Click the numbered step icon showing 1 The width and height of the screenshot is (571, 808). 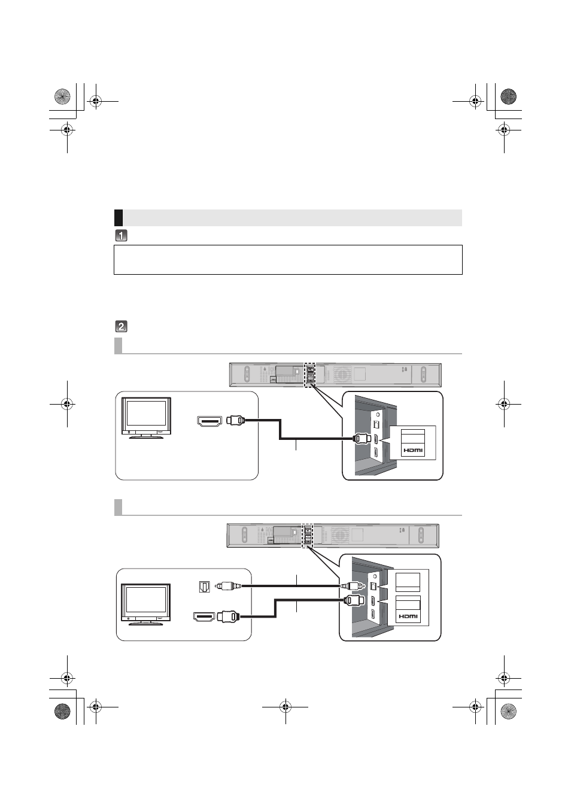pyautogui.click(x=121, y=236)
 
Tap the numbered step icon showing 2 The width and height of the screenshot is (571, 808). pyautogui.click(x=121, y=327)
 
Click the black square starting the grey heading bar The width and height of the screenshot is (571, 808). pyautogui.click(x=119, y=218)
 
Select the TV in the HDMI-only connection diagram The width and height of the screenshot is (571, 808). pyautogui.click(x=146, y=418)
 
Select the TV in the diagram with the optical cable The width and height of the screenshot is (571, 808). pyautogui.click(x=145, y=604)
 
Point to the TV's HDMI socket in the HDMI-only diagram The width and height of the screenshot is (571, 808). pyautogui.click(x=209, y=421)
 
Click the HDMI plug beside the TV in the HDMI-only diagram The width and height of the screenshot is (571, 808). pyautogui.click(x=236, y=420)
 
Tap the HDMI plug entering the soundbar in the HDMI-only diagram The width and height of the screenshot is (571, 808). pyautogui.click(x=362, y=439)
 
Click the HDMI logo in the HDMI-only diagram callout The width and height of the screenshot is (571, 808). pyautogui.click(x=412, y=451)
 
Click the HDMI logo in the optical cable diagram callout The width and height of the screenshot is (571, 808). pyautogui.click(x=408, y=616)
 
